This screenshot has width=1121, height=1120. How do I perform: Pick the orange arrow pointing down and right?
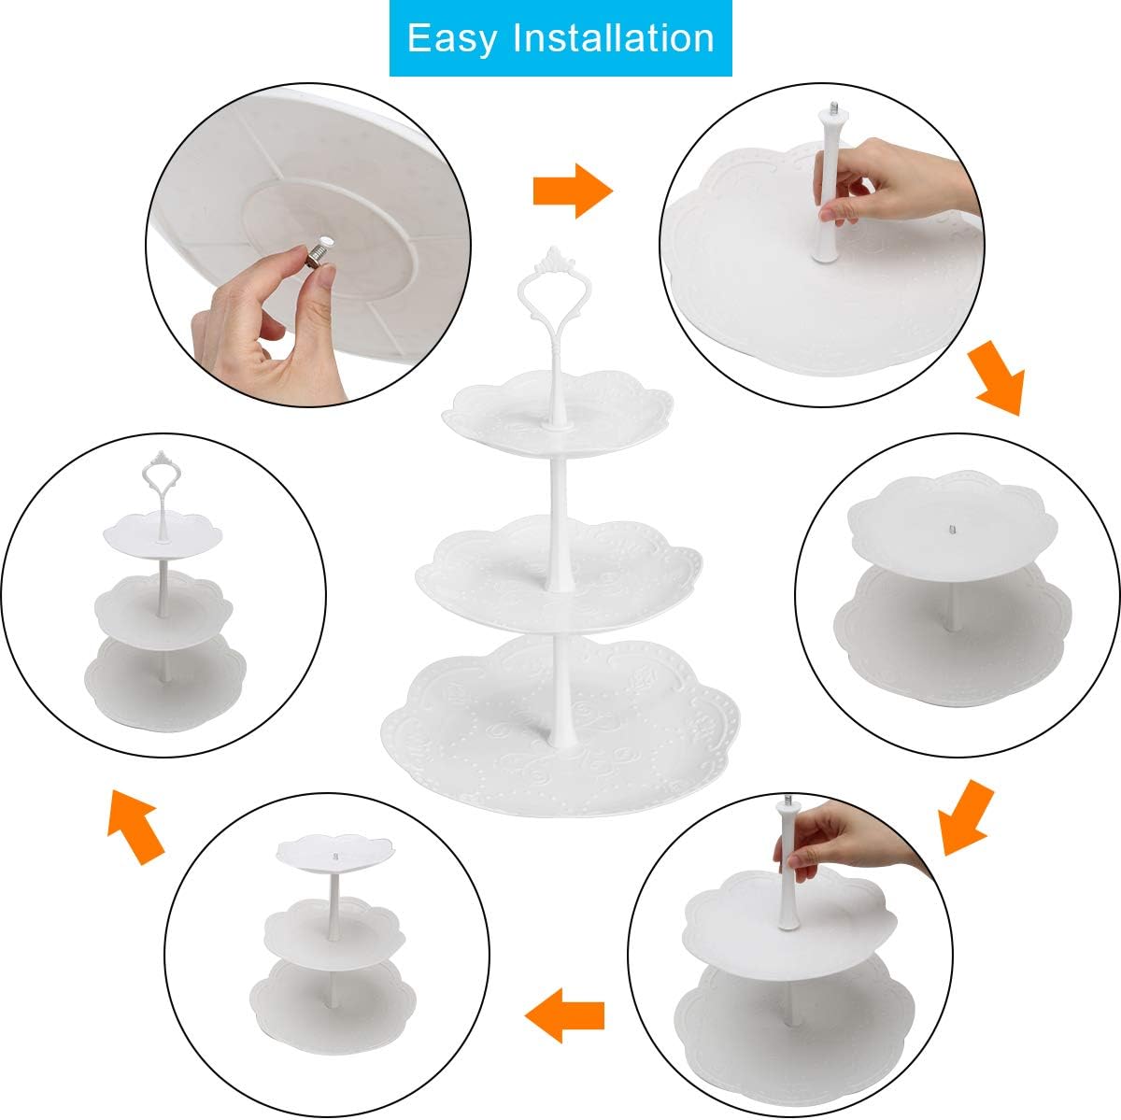[x=996, y=378]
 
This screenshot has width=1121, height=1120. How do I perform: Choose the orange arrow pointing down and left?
[x=964, y=819]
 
